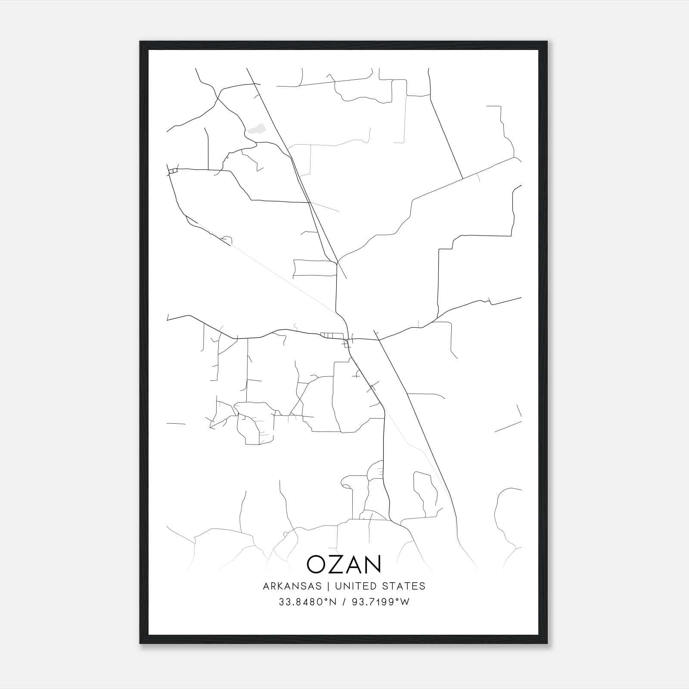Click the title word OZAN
[344, 564]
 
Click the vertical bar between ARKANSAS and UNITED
[328, 586]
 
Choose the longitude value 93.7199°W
[377, 602]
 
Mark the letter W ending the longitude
[405, 602]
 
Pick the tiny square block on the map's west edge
[173, 171]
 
